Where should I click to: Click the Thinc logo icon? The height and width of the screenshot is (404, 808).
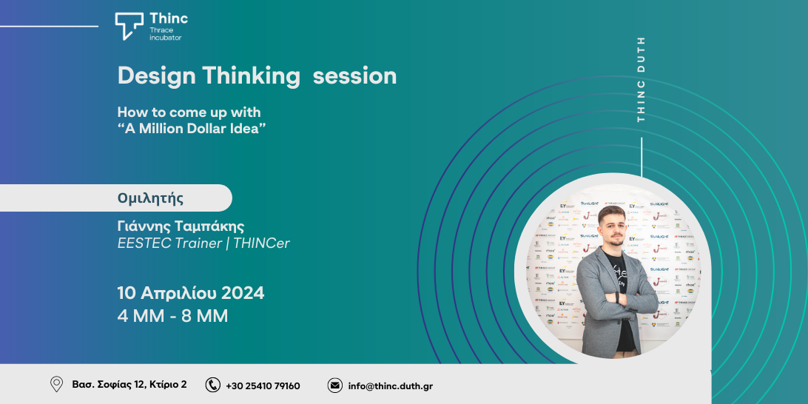coord(129,26)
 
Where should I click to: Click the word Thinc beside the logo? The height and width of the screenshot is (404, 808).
coord(169,18)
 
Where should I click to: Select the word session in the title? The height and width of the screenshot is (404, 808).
coord(355,75)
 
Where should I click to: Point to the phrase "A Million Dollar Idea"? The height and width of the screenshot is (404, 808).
coord(192,129)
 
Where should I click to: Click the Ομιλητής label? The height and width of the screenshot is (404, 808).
coord(150,198)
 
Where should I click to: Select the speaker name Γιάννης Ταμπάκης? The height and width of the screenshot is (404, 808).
coord(181,226)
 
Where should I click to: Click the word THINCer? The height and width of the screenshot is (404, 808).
coord(261,243)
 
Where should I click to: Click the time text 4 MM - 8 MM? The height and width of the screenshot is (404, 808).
coord(172,316)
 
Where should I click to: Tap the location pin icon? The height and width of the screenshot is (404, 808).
coord(56,385)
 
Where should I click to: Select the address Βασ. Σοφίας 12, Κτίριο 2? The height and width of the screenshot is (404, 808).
coord(129,385)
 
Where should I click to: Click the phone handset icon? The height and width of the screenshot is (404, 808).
coord(213,385)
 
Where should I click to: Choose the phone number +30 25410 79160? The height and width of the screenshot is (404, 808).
coord(263,386)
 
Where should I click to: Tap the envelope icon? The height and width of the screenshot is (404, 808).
coord(335,385)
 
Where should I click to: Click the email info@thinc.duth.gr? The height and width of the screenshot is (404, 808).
coord(390,386)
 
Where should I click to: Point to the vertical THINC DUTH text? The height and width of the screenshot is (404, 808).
coord(641,78)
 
